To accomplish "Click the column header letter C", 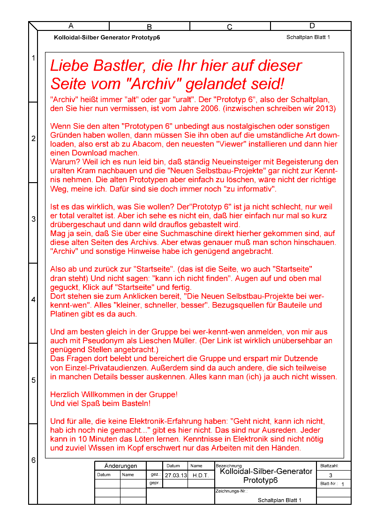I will [x=230, y=27].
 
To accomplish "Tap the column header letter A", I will [x=71, y=25].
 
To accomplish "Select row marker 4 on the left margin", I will [x=33, y=300].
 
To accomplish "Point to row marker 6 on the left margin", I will [x=33, y=460].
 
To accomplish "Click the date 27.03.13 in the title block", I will [x=176, y=475].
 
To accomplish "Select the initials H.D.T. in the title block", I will [x=201, y=475].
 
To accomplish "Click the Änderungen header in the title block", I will [x=120, y=466].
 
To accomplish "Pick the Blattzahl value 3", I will [x=331, y=475].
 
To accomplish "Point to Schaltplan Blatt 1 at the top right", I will [x=308, y=37].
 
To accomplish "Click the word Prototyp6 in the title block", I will [x=261, y=480].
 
